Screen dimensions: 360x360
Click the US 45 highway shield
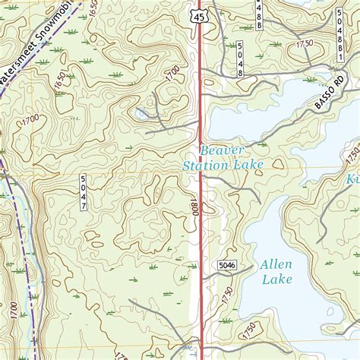(x=199, y=16)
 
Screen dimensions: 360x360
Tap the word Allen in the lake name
(x=274, y=265)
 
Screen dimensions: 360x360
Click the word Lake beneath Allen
(x=276, y=279)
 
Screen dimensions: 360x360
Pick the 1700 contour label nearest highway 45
(x=172, y=74)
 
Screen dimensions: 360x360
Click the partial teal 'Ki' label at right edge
(x=352, y=179)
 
